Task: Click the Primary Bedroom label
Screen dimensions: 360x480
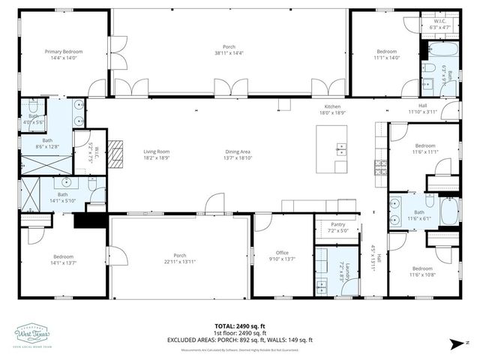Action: [x=63, y=52]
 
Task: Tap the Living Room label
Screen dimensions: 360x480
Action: [x=156, y=151]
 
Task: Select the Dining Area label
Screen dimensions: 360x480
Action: [x=238, y=151]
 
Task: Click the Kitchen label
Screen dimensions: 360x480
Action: [x=332, y=106]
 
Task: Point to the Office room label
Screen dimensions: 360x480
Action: [x=282, y=253]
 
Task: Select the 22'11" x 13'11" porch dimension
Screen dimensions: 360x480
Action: [x=180, y=260]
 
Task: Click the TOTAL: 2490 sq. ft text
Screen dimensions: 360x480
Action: [x=240, y=326]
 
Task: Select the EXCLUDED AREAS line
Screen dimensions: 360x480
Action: [x=240, y=340]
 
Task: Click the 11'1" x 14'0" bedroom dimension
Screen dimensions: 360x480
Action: [x=386, y=56]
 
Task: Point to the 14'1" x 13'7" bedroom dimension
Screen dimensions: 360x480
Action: [x=63, y=263]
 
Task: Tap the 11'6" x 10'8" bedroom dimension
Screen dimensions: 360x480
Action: [x=422, y=274]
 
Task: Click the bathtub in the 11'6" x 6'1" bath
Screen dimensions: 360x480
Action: [x=449, y=212]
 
